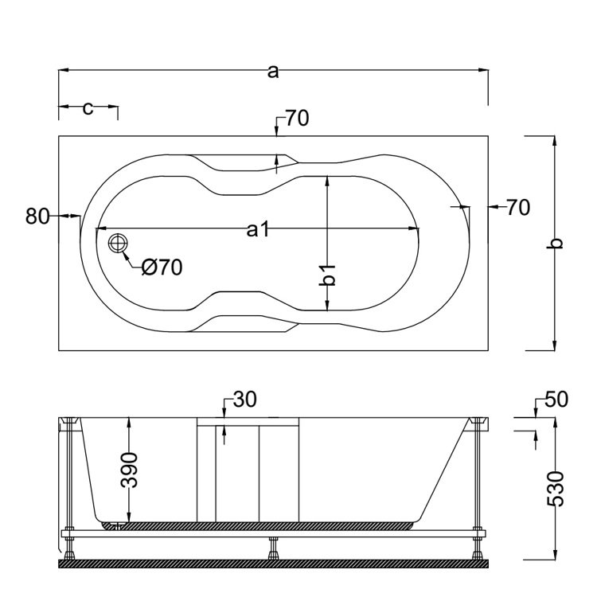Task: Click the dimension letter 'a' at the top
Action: [273, 72]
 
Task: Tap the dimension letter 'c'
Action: [88, 107]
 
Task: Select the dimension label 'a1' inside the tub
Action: [256, 230]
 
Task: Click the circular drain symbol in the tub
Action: [119, 244]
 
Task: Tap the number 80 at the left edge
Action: [38, 216]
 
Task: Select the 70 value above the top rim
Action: [296, 119]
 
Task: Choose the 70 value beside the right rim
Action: [517, 208]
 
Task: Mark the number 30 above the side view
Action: [245, 400]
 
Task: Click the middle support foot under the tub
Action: [274, 548]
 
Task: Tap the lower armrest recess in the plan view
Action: [247, 322]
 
